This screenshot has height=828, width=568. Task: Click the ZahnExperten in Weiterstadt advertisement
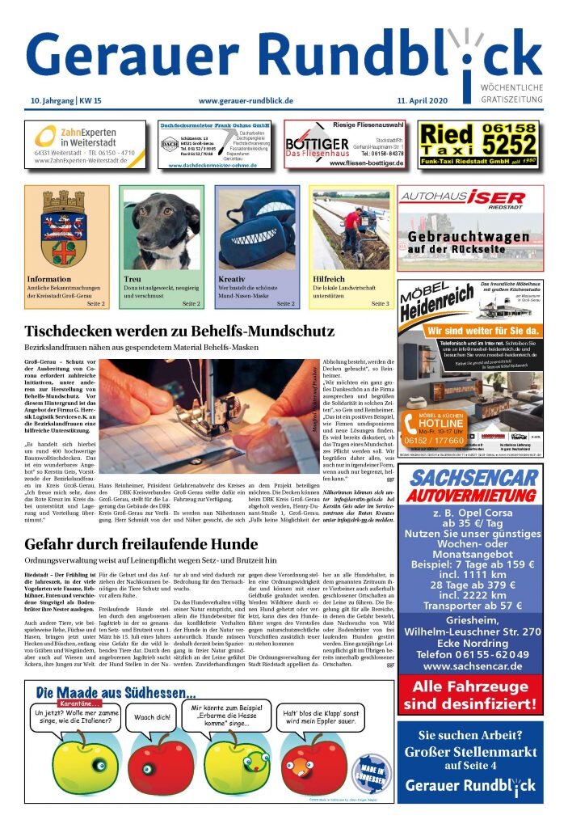[85, 144]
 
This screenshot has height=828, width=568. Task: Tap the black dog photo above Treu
[162, 229]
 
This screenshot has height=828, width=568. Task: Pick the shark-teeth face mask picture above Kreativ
[256, 229]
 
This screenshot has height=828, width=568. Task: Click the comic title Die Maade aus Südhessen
[116, 692]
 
